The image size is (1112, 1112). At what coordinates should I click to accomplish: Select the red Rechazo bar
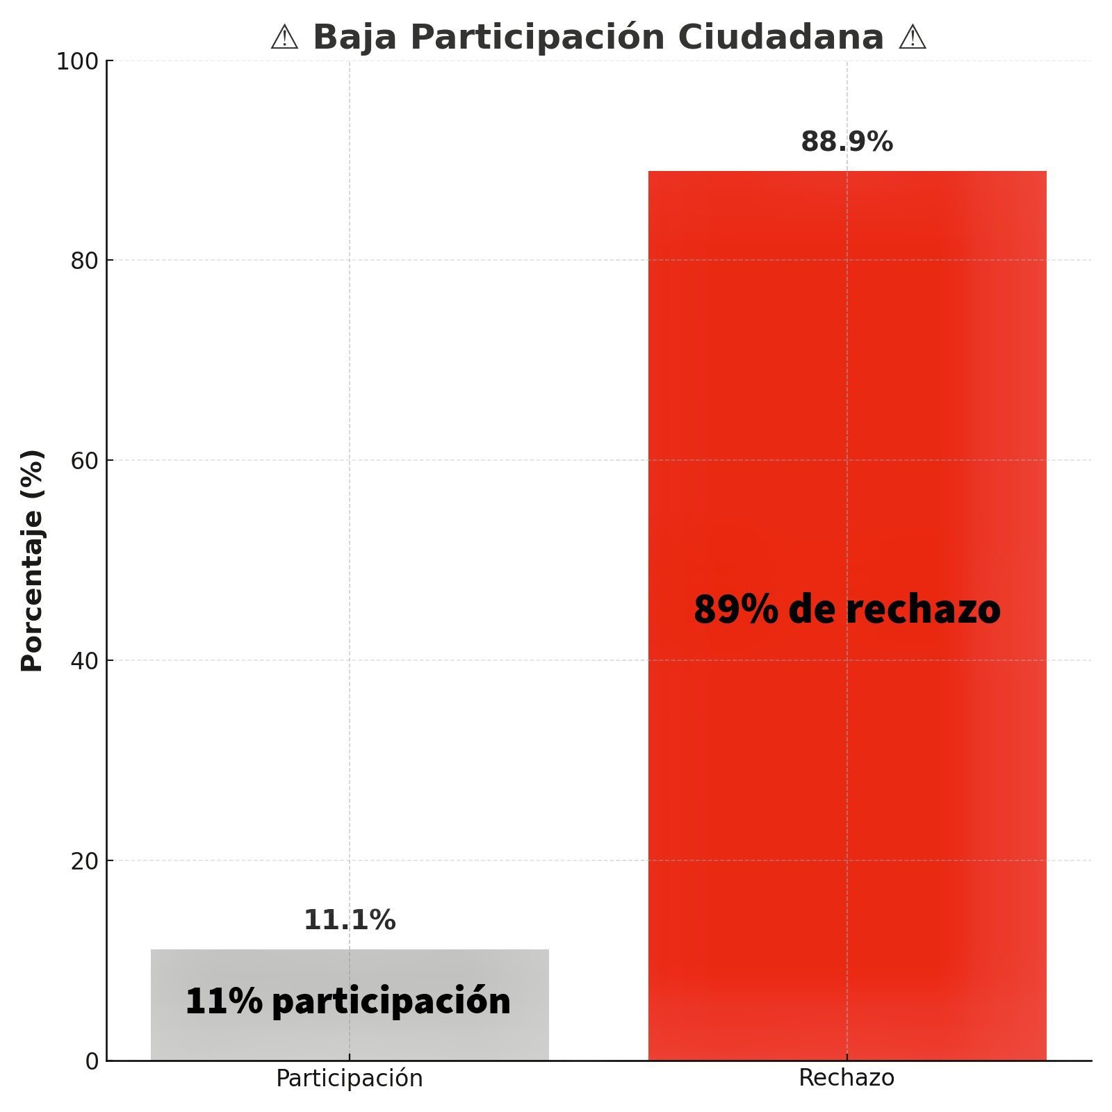[x=847, y=417]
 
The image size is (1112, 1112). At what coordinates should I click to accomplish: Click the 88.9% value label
[x=847, y=142]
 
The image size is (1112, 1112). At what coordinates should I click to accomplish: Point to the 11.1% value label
[x=350, y=920]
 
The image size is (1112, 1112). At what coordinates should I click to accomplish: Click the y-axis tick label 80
[x=83, y=261]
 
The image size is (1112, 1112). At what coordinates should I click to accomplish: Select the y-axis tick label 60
[x=83, y=461]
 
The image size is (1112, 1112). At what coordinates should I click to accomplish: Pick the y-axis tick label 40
[x=83, y=661]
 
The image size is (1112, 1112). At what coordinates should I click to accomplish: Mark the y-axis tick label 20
[x=83, y=861]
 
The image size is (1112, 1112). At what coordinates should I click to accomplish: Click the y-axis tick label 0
[x=92, y=1061]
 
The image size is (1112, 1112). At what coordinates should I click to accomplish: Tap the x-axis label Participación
[x=350, y=1079]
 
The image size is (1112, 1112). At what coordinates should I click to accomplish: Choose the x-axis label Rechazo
[x=847, y=1078]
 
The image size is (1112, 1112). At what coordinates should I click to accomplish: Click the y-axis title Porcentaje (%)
[x=32, y=560]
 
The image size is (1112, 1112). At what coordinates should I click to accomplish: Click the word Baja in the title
[x=354, y=38]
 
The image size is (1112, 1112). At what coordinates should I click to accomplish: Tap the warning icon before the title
[x=284, y=38]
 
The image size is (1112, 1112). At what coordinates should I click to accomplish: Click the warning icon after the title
[x=912, y=38]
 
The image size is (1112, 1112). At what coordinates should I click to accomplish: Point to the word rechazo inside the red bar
[x=923, y=610]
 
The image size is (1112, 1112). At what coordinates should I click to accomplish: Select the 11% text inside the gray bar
[x=224, y=1001]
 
